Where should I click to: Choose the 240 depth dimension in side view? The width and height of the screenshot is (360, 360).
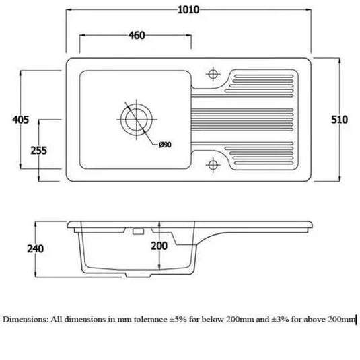36,249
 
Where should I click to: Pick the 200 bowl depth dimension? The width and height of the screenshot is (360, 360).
158,246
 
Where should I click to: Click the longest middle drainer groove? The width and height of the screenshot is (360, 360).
245,119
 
